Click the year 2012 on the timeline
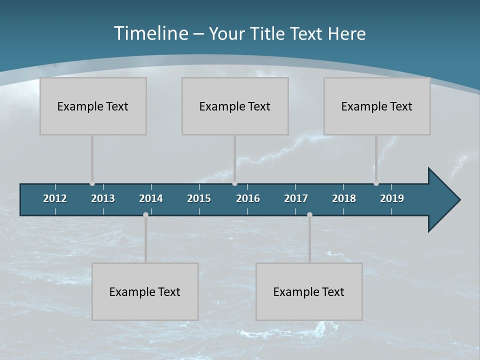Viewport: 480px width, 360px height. (x=55, y=198)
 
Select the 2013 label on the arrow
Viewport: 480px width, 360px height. (x=103, y=198)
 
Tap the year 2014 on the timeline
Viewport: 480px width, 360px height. (x=151, y=198)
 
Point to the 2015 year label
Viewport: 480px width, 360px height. (x=199, y=198)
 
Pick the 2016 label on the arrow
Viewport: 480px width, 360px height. (x=248, y=198)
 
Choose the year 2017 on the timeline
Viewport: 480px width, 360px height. (x=296, y=198)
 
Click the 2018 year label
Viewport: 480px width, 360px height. (x=344, y=198)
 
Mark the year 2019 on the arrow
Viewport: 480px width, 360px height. (x=392, y=198)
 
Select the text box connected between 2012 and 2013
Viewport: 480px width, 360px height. (x=93, y=106)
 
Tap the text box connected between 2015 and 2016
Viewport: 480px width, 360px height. (x=235, y=106)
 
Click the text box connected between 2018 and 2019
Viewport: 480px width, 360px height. (x=377, y=106)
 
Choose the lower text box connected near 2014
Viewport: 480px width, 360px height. (x=145, y=291)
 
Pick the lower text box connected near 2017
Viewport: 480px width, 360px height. (x=309, y=291)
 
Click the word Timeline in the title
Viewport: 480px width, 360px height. (x=151, y=33)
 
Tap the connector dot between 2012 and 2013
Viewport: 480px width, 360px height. (x=92, y=183)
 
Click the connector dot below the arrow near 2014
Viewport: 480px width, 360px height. (x=145, y=214)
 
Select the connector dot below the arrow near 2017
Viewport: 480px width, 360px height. (x=309, y=214)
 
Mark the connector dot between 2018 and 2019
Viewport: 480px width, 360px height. (x=376, y=183)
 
